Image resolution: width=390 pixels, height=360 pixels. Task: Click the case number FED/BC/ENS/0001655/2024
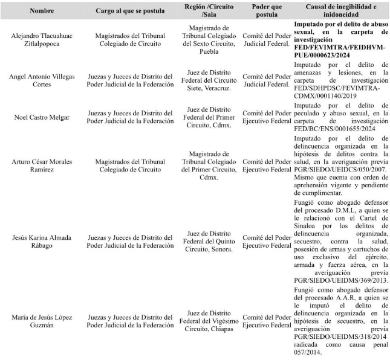point(334,129)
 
